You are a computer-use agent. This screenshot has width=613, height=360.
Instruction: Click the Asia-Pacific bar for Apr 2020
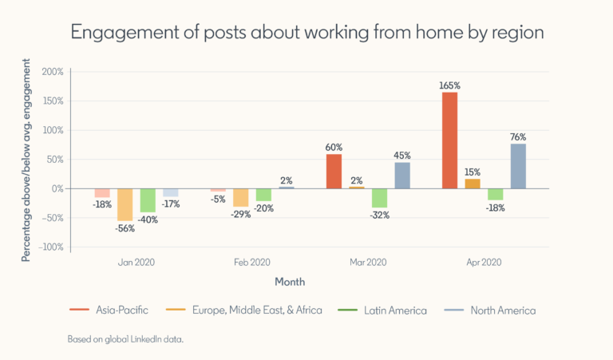tap(449, 140)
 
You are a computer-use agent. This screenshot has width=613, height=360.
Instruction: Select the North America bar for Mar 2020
tap(402, 176)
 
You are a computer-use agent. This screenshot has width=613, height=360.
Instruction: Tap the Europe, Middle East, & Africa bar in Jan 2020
tap(125, 204)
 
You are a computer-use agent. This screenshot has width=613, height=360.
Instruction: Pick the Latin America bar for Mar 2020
tap(380, 198)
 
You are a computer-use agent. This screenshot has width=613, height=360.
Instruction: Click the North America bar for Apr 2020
tap(518, 166)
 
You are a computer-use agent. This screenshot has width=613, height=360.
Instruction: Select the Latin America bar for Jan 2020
tap(148, 200)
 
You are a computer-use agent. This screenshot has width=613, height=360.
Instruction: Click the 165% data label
tap(449, 85)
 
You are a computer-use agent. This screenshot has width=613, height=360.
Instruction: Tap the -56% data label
tap(125, 228)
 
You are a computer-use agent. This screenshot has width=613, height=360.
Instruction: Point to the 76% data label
tap(518, 136)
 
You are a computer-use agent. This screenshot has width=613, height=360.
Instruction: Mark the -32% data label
tap(380, 216)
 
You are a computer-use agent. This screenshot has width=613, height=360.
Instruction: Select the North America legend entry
tap(502, 310)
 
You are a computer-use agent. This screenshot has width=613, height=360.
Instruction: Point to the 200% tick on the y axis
tap(52, 72)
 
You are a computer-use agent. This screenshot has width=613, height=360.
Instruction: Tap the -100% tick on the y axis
tap(50, 247)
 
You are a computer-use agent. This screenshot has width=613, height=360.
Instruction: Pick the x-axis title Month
tap(290, 282)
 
